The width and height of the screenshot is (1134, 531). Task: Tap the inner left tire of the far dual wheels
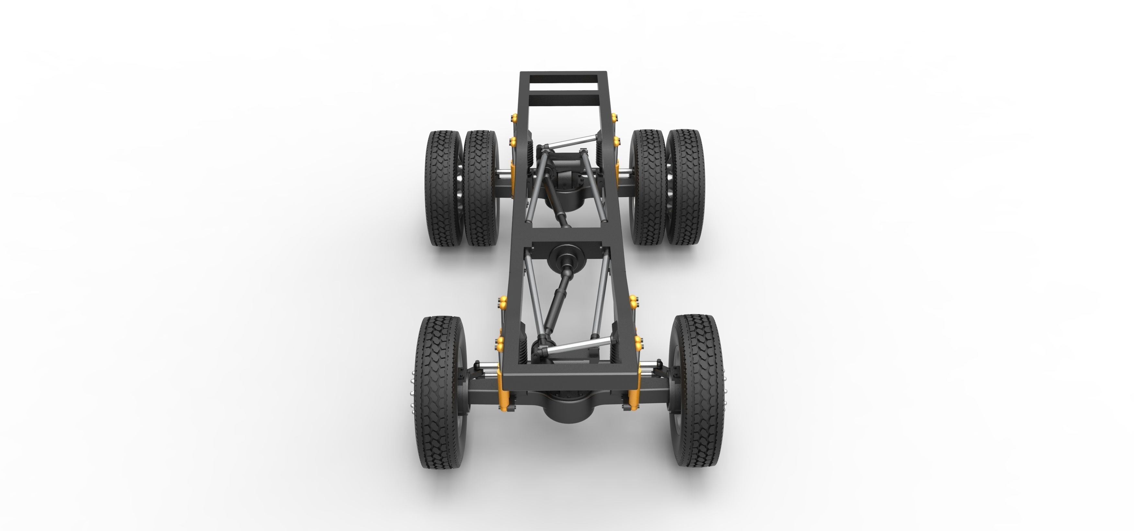(481, 189)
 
